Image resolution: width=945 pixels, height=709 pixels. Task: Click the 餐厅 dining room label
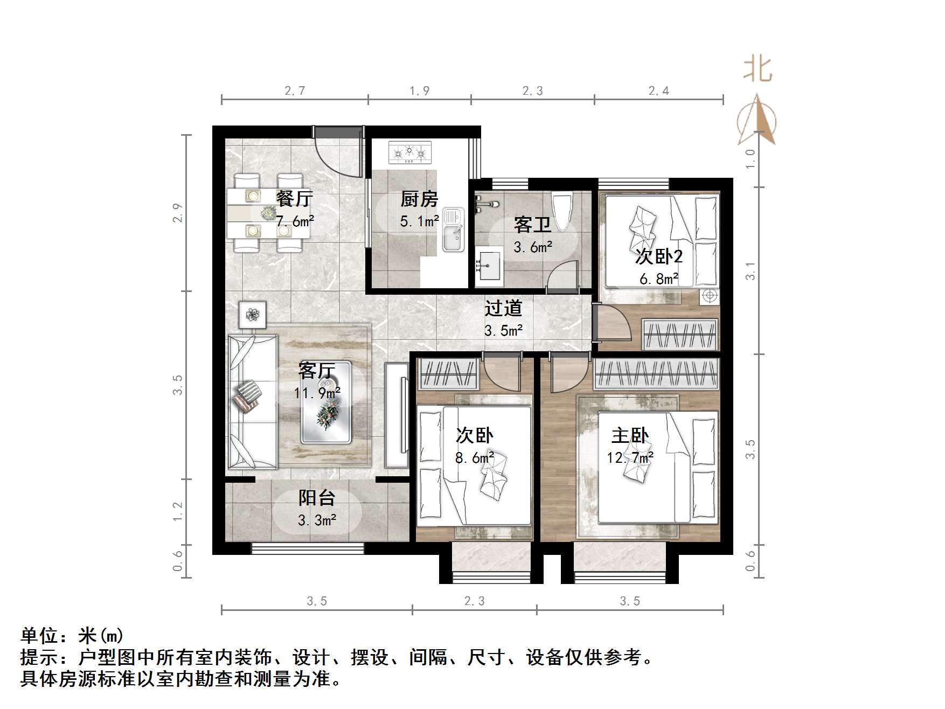point(294,198)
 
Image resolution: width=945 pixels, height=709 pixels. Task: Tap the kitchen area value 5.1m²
point(419,221)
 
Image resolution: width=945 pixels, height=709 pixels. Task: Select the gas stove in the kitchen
point(410,152)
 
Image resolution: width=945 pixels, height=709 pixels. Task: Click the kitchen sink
point(453,230)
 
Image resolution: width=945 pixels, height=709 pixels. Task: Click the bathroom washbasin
point(489,266)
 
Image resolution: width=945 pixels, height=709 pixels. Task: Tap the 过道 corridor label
point(503,308)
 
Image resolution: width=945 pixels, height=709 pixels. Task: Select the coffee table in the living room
point(326,402)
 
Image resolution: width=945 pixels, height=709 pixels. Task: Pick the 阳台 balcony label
point(317,497)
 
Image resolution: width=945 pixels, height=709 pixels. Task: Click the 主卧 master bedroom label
point(630,435)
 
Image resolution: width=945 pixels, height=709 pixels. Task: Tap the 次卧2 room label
point(659,256)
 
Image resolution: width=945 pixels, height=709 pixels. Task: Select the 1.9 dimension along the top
point(419,91)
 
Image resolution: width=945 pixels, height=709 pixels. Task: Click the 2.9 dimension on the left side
point(178,213)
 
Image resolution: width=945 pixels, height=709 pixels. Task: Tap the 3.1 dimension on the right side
point(751,270)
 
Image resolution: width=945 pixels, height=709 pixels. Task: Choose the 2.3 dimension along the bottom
point(474,601)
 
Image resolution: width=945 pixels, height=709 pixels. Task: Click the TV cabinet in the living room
point(397,415)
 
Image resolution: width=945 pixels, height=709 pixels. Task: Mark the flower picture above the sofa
point(252,314)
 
